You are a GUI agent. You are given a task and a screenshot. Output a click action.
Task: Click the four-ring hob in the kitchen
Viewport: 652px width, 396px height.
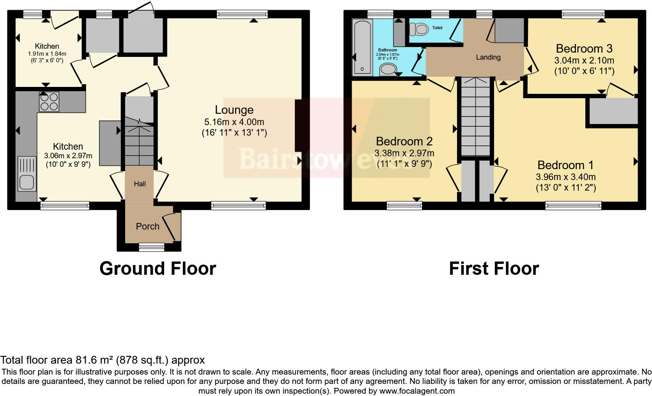[49, 102]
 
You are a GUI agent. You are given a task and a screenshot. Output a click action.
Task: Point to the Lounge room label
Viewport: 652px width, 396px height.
[234, 110]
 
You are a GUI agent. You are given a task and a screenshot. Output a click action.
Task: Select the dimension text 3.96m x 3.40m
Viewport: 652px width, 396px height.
[565, 177]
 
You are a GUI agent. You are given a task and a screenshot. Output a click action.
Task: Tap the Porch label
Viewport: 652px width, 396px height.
[147, 226]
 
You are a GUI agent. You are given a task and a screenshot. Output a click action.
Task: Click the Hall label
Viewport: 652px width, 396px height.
[140, 184]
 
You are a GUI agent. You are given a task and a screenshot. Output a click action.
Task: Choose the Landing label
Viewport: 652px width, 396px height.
[488, 57]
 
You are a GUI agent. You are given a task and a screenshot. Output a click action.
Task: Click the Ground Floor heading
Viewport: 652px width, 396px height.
[158, 269]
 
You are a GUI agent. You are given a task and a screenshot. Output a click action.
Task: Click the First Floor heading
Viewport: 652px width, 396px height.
[494, 269]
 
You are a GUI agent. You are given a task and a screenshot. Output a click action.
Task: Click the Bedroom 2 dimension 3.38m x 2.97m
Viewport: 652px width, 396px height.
[404, 153]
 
